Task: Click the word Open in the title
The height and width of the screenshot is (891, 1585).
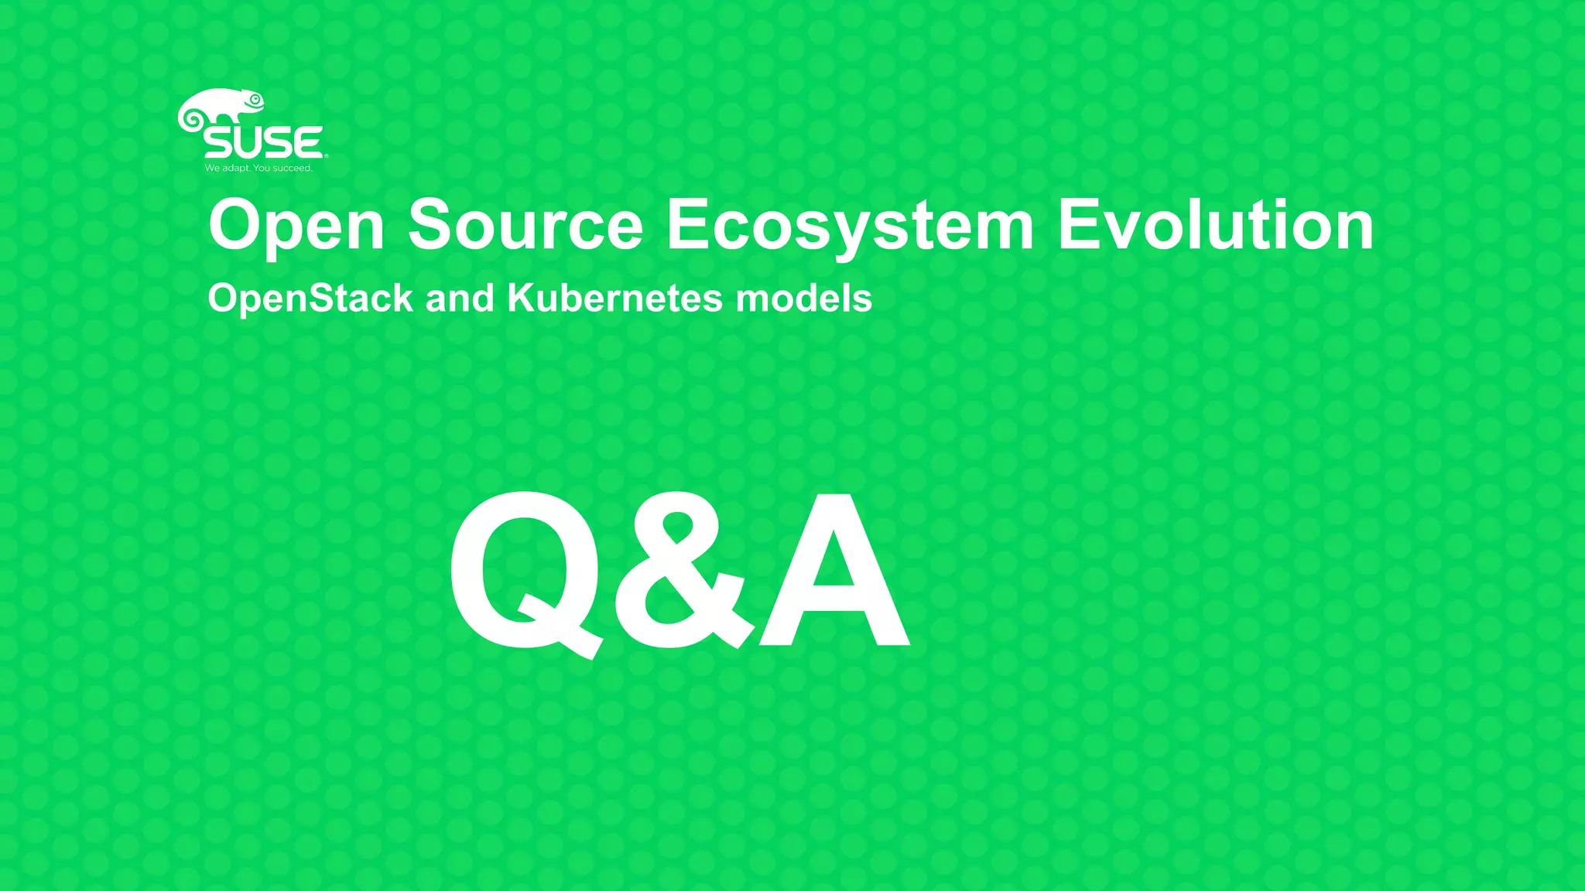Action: click(x=296, y=226)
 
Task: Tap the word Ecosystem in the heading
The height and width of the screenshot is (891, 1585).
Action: click(x=850, y=226)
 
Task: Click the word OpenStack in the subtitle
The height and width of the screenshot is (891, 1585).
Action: click(x=310, y=299)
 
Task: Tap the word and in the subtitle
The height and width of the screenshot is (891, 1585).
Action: click(x=460, y=298)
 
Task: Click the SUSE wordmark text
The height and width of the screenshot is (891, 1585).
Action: click(x=263, y=143)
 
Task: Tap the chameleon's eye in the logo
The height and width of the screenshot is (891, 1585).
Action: click(x=255, y=99)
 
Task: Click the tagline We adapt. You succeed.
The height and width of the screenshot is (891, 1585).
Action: click(x=258, y=168)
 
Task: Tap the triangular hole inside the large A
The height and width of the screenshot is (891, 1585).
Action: click(x=834, y=572)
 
